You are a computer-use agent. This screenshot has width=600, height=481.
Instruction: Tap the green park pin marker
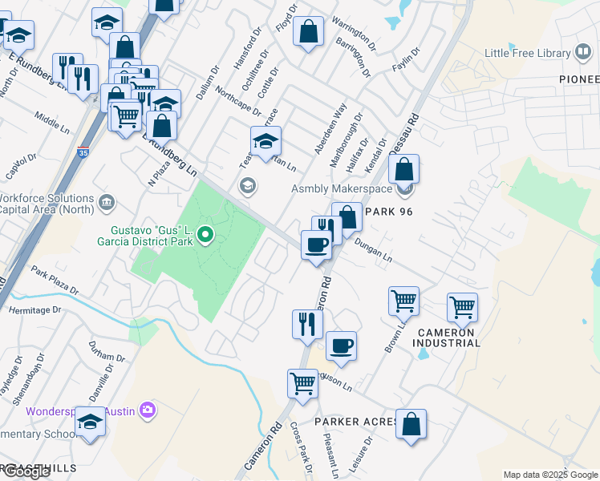206,235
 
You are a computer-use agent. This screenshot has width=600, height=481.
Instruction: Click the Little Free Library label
527,54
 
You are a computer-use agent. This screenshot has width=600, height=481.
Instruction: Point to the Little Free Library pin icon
583,54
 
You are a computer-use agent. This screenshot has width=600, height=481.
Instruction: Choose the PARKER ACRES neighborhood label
356,422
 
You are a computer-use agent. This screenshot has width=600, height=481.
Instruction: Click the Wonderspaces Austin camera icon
147,410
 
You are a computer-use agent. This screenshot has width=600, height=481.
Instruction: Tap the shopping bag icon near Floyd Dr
309,32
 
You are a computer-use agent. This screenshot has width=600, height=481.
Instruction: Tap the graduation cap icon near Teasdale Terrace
266,141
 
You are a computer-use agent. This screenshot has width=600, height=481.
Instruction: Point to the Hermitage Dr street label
34,309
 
